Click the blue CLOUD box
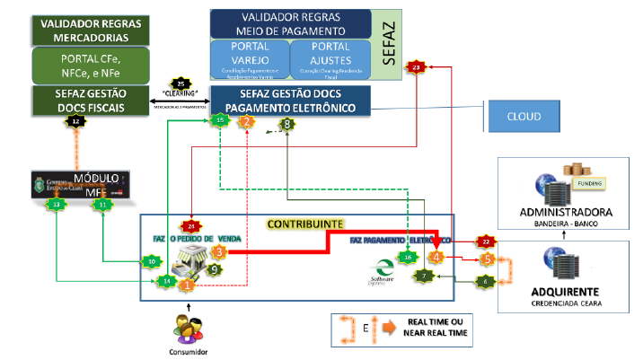coord(523,117)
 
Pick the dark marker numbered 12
coord(76,119)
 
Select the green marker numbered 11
coord(104,205)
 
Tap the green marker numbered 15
coord(219,119)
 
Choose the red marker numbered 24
coord(189,226)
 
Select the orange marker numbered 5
coord(487,259)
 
